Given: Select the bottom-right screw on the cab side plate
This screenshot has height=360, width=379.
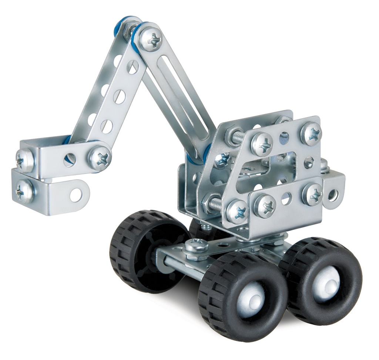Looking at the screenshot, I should point(312,194).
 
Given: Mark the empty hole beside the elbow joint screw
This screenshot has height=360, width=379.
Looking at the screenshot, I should point(70,159).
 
